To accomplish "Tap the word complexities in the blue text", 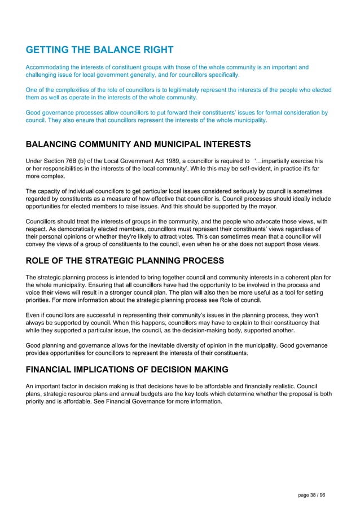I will point(81,90).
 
